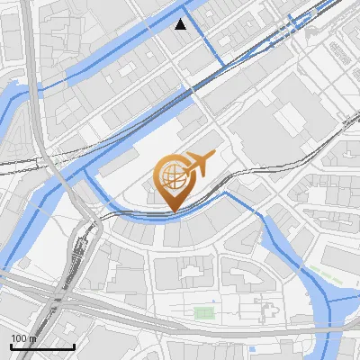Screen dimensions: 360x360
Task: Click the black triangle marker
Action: tap(182, 24)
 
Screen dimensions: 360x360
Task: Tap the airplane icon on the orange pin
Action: tap(199, 164)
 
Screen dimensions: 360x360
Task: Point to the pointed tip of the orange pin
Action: tap(172, 210)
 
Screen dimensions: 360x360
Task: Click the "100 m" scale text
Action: tap(23, 337)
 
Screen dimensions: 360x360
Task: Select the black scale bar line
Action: tap(42, 346)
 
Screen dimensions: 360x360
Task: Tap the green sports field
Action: tap(204, 313)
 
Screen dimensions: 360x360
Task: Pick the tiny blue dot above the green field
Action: tap(214, 301)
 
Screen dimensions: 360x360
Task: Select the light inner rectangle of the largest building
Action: tap(290, 118)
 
